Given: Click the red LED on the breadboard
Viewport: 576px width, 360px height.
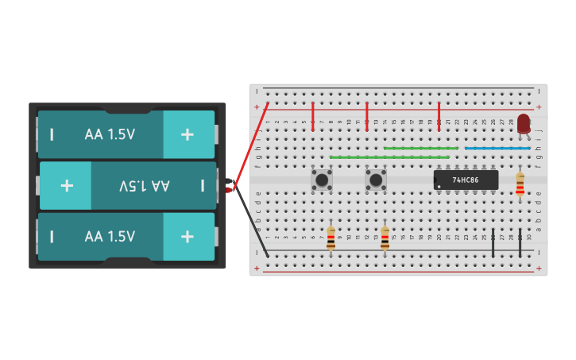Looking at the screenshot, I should tap(524, 123).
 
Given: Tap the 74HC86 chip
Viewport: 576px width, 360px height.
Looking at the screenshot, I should tap(466, 180).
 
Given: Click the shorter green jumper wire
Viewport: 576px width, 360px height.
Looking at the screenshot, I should tap(421, 148).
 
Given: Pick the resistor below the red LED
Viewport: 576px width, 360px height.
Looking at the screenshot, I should tap(520, 184).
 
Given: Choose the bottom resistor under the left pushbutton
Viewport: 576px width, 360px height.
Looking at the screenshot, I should tap(331, 238).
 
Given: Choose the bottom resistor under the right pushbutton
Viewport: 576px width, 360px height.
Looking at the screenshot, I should tap(385, 238).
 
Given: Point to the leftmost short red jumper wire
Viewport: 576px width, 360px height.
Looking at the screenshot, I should tap(313, 116).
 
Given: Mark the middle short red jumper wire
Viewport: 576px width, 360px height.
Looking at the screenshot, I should tap(367, 116).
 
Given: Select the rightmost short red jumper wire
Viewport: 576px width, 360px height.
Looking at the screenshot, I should tap(439, 116).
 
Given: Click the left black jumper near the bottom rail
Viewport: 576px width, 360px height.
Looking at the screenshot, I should tap(493, 243).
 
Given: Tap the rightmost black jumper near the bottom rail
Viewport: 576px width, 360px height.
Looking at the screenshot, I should tap(520, 243).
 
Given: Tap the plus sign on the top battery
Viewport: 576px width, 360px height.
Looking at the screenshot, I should tap(187, 134).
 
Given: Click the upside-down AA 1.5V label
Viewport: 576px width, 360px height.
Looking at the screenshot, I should tap(145, 185).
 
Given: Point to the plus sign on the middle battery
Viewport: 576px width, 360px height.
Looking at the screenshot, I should tap(67, 185).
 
